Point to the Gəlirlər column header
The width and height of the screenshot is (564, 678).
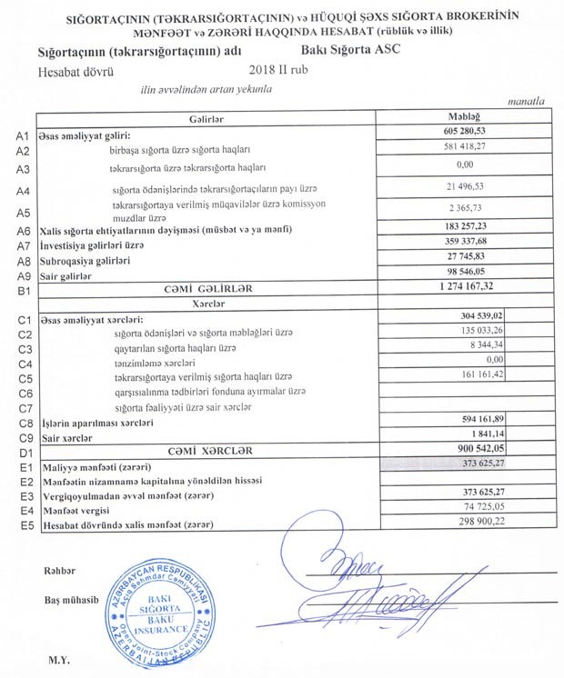pos(208,119)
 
